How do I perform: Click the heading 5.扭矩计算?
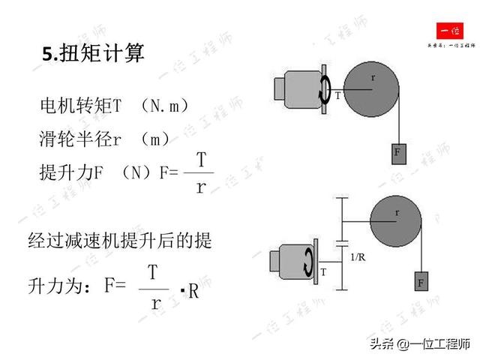point(93,54)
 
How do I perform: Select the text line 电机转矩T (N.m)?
point(114,106)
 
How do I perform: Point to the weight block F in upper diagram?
point(397,152)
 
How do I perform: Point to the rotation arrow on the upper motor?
point(325,88)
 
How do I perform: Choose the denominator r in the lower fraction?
point(156,303)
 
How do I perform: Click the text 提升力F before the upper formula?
point(70,172)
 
